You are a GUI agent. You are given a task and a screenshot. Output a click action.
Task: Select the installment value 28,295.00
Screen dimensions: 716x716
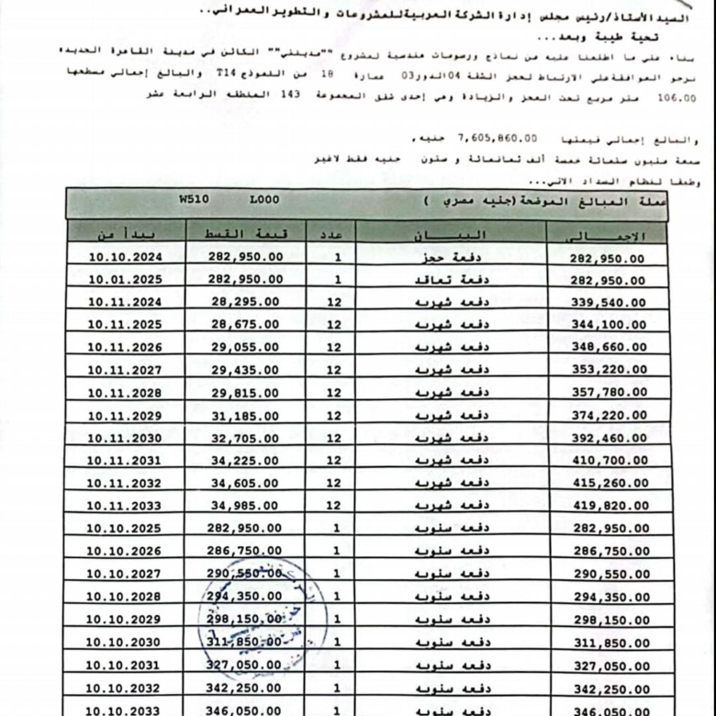tap(245, 302)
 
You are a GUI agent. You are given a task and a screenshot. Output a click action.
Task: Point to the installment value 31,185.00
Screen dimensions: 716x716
tap(245, 416)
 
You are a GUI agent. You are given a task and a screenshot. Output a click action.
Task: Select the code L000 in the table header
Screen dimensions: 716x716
tap(264, 198)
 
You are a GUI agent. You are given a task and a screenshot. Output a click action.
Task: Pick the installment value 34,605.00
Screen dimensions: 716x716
tap(245, 483)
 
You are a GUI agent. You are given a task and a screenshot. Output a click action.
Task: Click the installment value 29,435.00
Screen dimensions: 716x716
tap(245, 370)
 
